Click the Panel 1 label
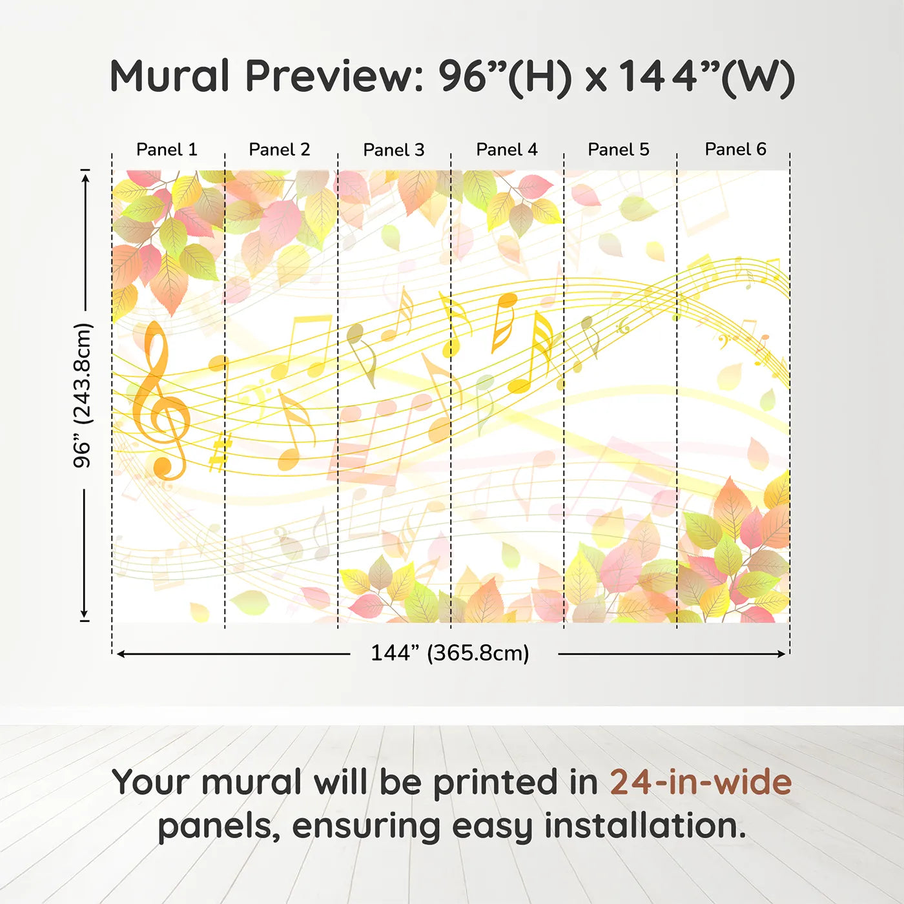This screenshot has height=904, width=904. (167, 150)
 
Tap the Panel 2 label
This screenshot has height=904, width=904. (280, 150)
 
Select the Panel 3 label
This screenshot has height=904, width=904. (394, 150)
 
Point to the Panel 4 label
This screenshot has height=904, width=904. (507, 150)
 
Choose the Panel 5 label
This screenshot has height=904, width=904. (619, 150)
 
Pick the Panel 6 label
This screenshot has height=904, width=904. (735, 149)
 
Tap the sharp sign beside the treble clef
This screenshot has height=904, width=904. (220, 451)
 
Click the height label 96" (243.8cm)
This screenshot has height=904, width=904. (83, 395)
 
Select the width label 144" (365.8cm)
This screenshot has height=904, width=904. (450, 653)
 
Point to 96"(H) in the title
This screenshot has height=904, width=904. (506, 77)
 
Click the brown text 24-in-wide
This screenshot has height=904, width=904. (701, 783)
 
